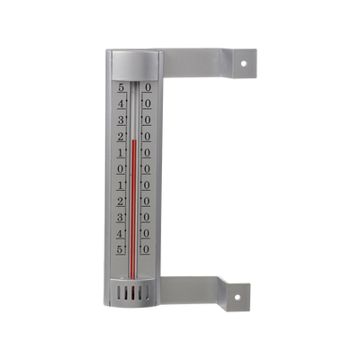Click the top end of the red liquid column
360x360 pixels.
click(133, 140)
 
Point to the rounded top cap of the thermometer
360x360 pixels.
click(133, 65)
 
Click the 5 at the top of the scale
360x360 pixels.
click(121, 88)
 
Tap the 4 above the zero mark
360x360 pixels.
click(121, 104)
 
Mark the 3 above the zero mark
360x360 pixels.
click(121, 121)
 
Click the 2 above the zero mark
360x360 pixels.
click(121, 137)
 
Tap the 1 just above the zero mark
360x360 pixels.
click(121, 153)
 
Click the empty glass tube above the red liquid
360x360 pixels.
click(133, 112)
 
